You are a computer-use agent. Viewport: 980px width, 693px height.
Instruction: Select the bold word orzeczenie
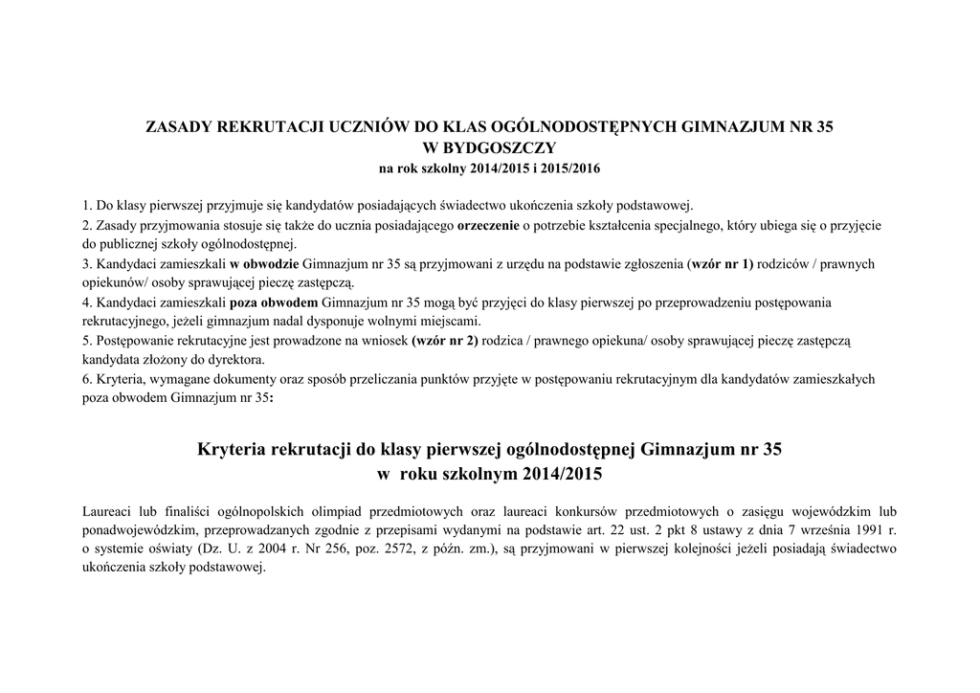point(488,225)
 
